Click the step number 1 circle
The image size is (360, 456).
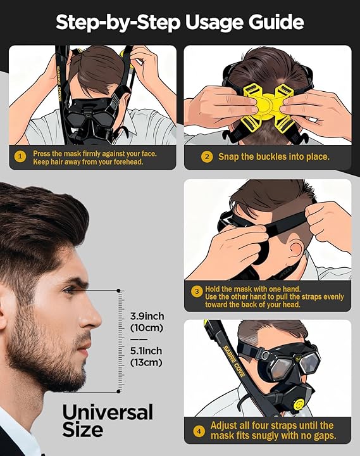point(20,157)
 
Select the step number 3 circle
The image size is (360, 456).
point(198,292)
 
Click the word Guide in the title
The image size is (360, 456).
point(274,23)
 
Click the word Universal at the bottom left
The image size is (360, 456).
point(108,412)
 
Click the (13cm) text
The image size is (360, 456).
point(146,362)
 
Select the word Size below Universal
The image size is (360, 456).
point(82,431)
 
